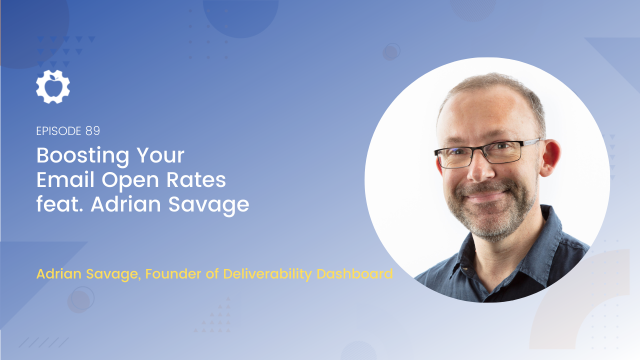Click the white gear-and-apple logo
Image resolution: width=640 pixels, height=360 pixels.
pos(53,86)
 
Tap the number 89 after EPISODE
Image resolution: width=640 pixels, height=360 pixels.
pos(92,131)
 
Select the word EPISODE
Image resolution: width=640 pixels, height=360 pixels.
pos(59,131)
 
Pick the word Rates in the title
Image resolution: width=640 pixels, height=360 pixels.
pos(196,179)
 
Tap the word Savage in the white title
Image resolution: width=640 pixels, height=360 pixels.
pos(208,205)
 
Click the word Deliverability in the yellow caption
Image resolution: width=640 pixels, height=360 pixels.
pos(267,274)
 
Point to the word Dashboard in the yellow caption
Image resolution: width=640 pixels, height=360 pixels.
pos(354,273)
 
